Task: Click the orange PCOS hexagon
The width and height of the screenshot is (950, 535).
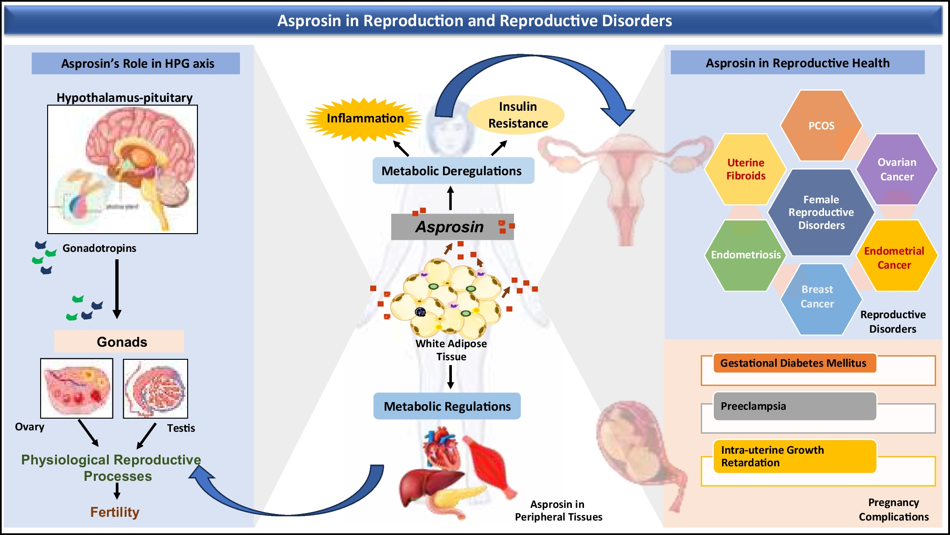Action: (821, 125)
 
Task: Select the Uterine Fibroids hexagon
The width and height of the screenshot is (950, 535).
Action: (746, 169)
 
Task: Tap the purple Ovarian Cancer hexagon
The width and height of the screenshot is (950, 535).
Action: (896, 169)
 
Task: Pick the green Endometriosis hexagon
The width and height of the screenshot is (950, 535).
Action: (745, 255)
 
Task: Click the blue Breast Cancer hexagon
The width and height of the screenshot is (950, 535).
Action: (817, 297)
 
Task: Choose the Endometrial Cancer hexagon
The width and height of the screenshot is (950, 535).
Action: (894, 258)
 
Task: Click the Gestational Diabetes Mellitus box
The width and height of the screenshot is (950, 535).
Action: (794, 363)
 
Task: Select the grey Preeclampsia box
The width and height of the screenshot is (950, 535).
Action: (794, 406)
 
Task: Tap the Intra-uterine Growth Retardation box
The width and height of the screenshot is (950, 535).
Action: (794, 457)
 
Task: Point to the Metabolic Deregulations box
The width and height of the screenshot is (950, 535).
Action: (452, 171)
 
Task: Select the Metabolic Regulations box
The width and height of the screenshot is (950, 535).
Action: (447, 407)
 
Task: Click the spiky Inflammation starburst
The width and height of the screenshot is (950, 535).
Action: (365, 119)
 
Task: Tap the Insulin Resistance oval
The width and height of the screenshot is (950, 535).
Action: (517, 115)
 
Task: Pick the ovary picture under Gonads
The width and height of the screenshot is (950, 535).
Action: (77, 388)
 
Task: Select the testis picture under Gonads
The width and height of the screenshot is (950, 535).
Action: (155, 388)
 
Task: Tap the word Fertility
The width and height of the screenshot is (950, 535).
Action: (115, 512)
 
